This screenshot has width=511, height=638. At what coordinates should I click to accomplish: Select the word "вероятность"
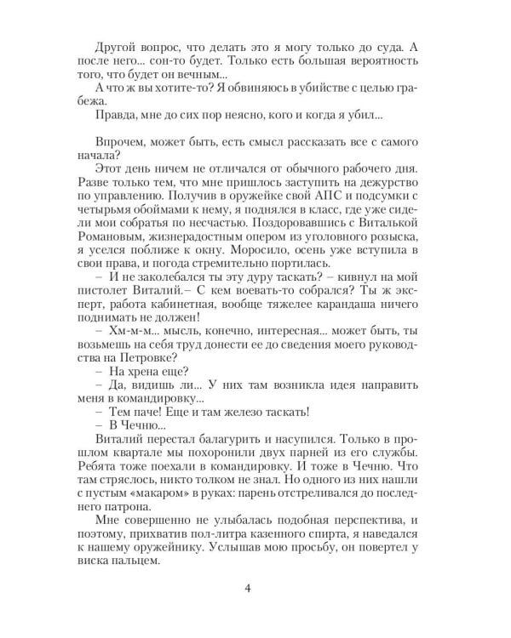379,60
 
